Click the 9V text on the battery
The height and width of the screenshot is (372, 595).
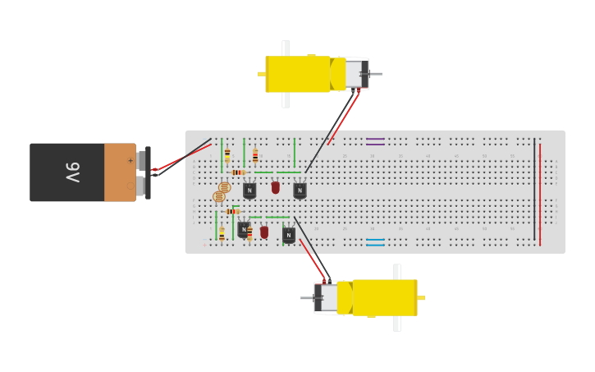72,172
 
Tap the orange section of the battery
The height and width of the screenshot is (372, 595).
119,172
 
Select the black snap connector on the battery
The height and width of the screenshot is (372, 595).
148,172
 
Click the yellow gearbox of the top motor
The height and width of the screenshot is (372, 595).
297,74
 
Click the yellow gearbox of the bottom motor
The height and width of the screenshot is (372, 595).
385,297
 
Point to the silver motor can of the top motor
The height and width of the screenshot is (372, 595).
355,74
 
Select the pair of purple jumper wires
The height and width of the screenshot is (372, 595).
375,141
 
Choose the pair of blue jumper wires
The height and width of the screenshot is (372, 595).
375,242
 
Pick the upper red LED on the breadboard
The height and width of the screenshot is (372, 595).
276,188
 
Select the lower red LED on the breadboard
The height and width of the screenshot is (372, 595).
264,232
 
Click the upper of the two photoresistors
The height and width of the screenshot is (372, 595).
224,187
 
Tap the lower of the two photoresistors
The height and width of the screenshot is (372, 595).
218,197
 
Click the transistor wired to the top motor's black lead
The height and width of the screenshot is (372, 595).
300,191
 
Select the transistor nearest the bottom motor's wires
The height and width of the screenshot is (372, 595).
288,235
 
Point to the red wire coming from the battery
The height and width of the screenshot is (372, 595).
185,156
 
